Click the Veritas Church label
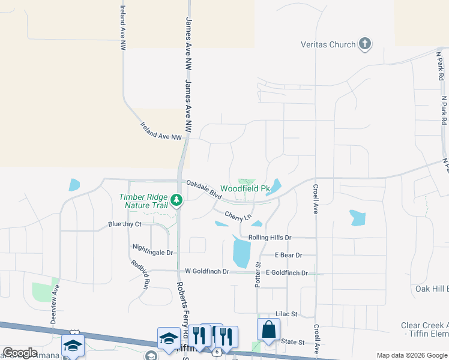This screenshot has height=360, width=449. (328, 44)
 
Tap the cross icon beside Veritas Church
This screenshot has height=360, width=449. (364, 44)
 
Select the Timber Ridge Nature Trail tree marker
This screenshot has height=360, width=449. (176, 199)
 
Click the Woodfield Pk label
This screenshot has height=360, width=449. (245, 188)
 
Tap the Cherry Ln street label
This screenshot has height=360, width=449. (238, 215)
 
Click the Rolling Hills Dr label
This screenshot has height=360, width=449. (270, 238)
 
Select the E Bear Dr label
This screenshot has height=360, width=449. (288, 255)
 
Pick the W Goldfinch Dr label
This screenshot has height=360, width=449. (207, 272)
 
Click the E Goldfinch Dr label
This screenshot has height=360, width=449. (286, 273)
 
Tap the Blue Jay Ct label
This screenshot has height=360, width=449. (124, 224)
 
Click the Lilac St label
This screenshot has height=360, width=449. (286, 314)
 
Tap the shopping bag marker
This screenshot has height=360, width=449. (268, 330)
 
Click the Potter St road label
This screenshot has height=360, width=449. (259, 274)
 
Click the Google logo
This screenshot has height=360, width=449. (20, 353)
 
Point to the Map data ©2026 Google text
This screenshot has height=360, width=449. (412, 355)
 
